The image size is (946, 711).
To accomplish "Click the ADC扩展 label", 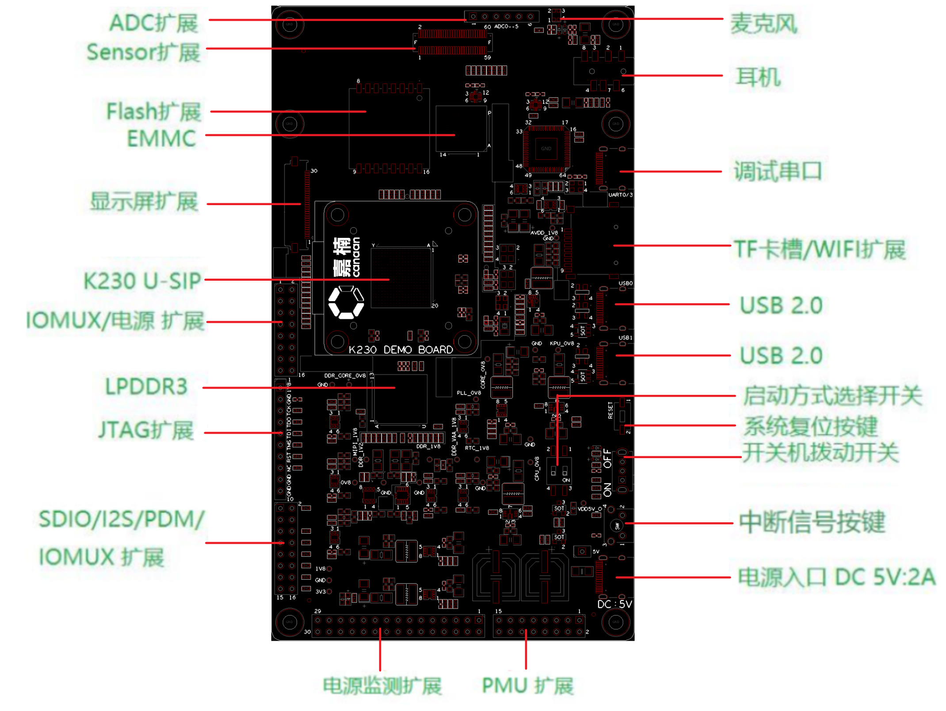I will pyautogui.click(x=153, y=23).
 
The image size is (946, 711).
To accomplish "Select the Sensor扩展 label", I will pyautogui.click(x=143, y=52).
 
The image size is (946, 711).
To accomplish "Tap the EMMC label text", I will pyautogui.click(x=161, y=139).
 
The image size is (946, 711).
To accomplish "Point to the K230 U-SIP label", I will pyautogui.click(x=142, y=281).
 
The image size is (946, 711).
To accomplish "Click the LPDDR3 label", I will pyautogui.click(x=146, y=386).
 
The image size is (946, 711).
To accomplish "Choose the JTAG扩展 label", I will pyautogui.click(x=146, y=430).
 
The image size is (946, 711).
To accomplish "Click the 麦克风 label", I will pyautogui.click(x=763, y=23).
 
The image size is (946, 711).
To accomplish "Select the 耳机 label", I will pyautogui.click(x=758, y=77).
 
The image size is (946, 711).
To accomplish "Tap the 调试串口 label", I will pyautogui.click(x=778, y=171).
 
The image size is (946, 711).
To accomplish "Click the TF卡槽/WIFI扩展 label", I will pyautogui.click(x=820, y=249).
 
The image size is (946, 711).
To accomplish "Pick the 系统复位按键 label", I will pyautogui.click(x=810, y=426).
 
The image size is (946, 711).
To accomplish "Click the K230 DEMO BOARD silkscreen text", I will pyautogui.click(x=401, y=350).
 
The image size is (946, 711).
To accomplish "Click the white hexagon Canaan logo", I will pyautogui.click(x=346, y=302).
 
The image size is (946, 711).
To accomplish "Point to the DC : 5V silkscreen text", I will pyautogui.click(x=614, y=604).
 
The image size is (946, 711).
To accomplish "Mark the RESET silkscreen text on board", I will pyautogui.click(x=610, y=410).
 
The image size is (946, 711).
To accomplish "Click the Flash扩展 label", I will pyautogui.click(x=153, y=111).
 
